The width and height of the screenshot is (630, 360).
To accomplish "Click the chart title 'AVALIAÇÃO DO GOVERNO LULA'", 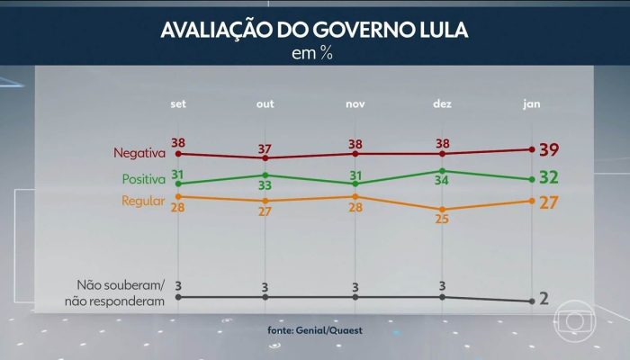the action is click(315, 30).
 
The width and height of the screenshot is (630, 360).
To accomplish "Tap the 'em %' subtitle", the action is click(312, 53).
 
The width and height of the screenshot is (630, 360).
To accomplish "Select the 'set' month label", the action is click(178, 104).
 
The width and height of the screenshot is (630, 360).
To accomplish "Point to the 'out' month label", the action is click(265, 104).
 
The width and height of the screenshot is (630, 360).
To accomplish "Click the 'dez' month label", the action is click(443, 104).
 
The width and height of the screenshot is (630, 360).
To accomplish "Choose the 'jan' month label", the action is click(532, 104).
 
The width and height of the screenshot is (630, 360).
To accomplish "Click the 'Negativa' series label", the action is click(139, 153).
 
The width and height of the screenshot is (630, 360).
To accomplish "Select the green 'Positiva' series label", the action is click(144, 179).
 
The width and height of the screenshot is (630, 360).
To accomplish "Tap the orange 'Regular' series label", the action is click(143, 201).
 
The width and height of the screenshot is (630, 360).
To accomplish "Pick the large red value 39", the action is click(549, 149).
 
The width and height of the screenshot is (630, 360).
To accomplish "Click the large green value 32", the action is click(549, 177).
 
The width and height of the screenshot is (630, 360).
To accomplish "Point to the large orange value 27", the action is click(549, 202).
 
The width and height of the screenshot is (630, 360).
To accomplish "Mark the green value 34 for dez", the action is click(442, 180).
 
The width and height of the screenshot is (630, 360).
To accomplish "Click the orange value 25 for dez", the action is click(442, 219).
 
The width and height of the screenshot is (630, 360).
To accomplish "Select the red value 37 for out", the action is click(265, 149).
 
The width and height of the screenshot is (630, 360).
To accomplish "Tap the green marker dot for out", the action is click(265, 175).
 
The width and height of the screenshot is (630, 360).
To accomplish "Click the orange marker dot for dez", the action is click(443, 210).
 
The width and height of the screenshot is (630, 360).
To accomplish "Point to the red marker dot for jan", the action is click(532, 149).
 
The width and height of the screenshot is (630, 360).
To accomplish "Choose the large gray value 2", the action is click(544, 299).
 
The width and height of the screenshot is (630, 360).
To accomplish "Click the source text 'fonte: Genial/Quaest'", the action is click(315, 330).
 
